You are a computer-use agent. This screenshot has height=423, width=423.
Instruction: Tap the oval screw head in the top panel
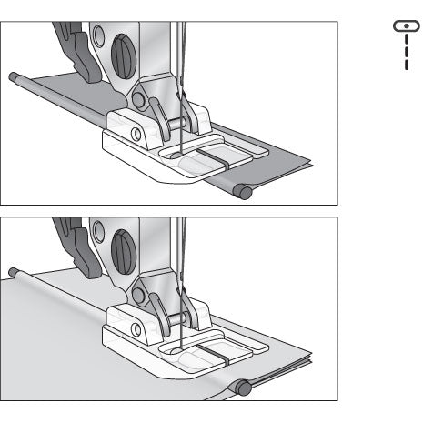click(121, 55)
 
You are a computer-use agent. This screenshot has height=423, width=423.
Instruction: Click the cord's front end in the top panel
click(242, 190)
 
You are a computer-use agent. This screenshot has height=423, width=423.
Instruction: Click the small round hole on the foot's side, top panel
click(136, 134)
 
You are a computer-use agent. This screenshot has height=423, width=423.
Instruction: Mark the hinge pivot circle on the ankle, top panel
click(140, 97)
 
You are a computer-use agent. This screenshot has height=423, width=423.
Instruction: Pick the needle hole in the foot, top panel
click(181, 154)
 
